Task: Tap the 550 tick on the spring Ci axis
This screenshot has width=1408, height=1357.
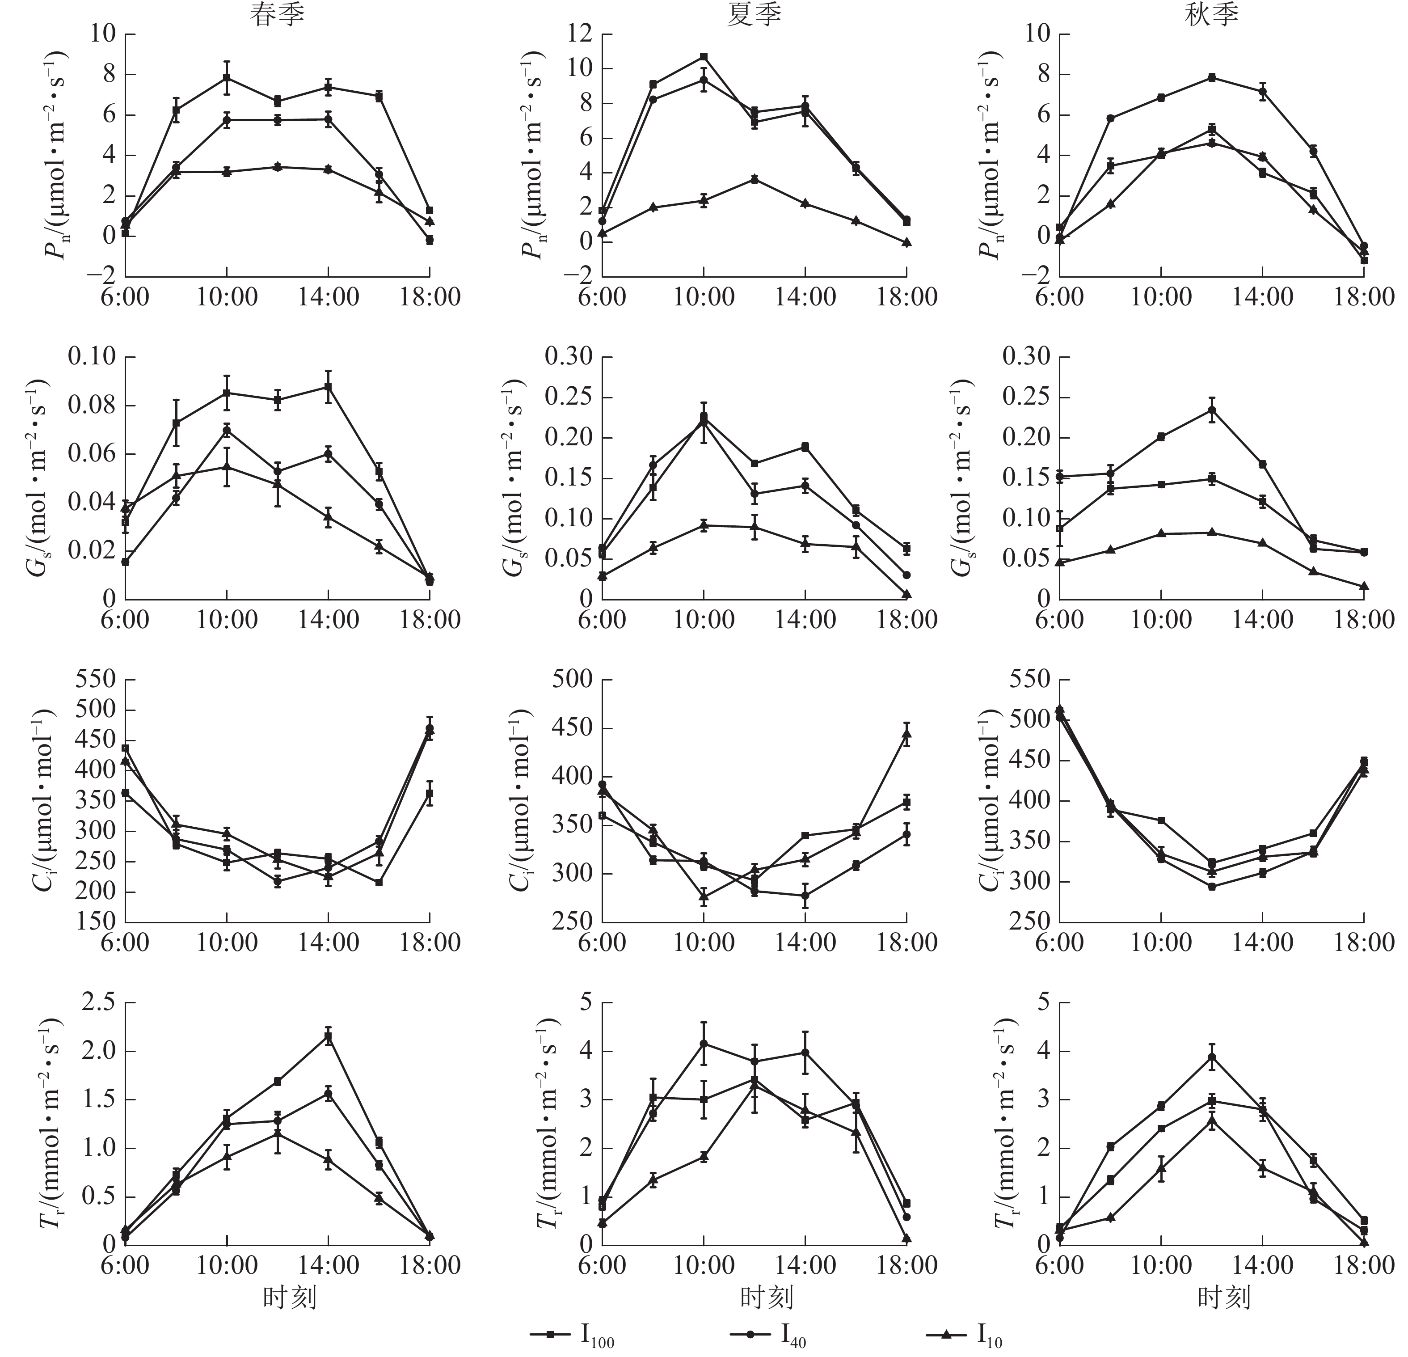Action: (x=96, y=679)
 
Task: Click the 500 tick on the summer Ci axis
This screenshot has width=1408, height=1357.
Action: (x=573, y=679)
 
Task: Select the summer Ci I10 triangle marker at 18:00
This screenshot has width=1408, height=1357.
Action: (x=906, y=734)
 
